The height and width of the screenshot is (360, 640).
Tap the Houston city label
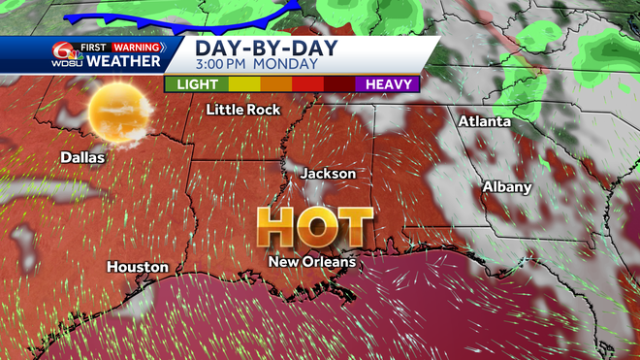(x=139, y=267)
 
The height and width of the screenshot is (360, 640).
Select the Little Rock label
(x=243, y=110)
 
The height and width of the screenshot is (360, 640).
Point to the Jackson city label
(x=328, y=173)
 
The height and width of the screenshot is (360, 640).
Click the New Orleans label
(x=312, y=262)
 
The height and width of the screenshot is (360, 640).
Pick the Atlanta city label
(x=484, y=121)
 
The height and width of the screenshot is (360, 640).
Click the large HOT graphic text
(x=315, y=228)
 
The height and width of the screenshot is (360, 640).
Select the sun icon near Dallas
(x=117, y=112)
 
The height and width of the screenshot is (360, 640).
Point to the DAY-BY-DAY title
(x=257, y=48)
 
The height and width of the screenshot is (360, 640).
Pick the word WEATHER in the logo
(x=123, y=62)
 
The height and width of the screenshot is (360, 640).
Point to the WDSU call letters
(x=65, y=63)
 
